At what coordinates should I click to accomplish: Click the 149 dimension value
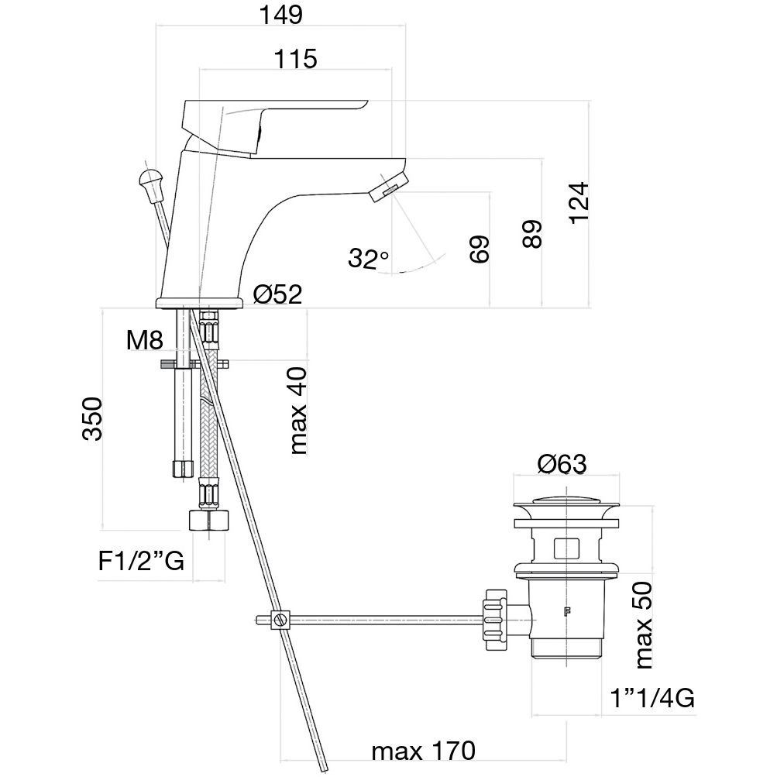tap(281, 15)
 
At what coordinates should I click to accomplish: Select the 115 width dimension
tap(295, 60)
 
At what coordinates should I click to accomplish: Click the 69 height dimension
tap(480, 249)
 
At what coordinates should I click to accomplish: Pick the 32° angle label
tap(368, 259)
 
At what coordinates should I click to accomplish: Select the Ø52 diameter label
tap(277, 294)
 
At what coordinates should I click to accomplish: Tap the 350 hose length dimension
tap(92, 418)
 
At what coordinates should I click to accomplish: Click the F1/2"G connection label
tap(142, 561)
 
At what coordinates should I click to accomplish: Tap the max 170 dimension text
tap(422, 751)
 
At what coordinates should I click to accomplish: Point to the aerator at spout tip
tap(387, 188)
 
